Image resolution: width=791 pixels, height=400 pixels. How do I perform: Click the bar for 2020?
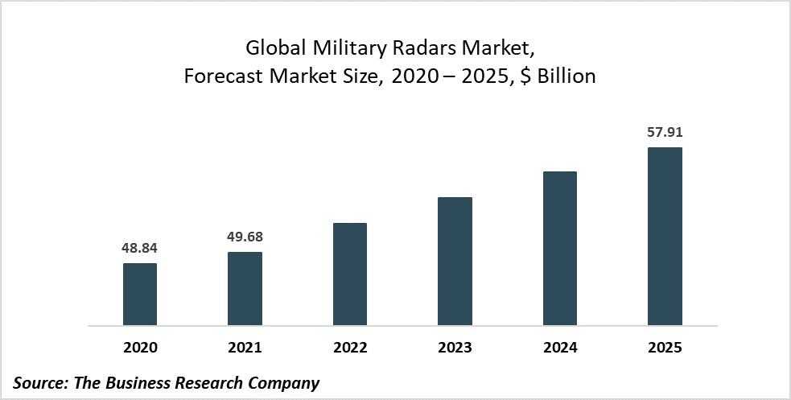(x=140, y=295)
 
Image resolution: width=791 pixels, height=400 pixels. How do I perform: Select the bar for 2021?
(x=245, y=289)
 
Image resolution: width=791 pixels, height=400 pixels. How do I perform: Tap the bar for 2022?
(x=350, y=274)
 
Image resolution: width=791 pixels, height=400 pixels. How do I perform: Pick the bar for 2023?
(x=455, y=262)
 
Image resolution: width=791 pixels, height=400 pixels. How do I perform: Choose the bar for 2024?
(x=560, y=249)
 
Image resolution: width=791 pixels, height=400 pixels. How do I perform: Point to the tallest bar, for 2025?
(x=665, y=237)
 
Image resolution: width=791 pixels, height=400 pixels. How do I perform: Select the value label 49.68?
(x=245, y=237)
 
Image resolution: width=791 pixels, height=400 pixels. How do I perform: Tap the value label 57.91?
(x=665, y=132)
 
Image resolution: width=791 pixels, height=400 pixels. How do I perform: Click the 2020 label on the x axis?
(x=140, y=348)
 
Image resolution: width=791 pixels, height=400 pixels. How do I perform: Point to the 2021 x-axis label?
(x=245, y=348)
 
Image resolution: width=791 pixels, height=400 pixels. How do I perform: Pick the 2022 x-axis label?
(x=350, y=348)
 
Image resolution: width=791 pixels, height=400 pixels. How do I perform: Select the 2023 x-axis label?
(x=455, y=348)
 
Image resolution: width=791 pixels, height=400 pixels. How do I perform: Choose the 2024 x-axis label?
(x=560, y=348)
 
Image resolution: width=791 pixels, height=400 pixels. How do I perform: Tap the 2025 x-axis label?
(x=665, y=348)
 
